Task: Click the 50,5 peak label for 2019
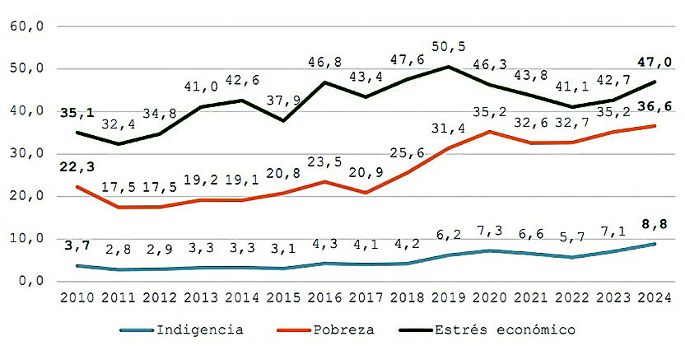click(448, 47)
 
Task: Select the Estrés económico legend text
click(506, 330)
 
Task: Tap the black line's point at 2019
click(447, 67)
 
